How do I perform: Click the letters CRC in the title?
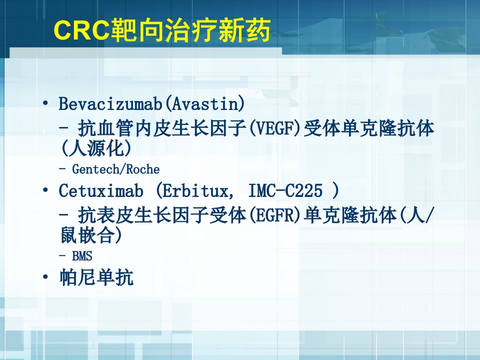(x=81, y=29)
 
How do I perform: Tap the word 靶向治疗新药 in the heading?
(x=190, y=29)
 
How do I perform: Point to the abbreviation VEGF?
(x=275, y=128)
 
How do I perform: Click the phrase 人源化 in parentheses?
(x=96, y=148)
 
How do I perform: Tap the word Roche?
(x=142, y=169)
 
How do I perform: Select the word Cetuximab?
(x=101, y=190)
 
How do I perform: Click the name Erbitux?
(x=195, y=190)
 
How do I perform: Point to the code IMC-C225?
(x=285, y=190)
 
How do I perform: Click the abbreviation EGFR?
(x=275, y=215)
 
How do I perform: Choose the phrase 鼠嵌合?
(x=87, y=235)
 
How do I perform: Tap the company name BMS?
(x=82, y=256)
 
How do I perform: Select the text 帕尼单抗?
(x=96, y=277)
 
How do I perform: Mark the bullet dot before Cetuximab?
(x=45, y=190)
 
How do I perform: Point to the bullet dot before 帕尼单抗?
(x=45, y=277)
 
